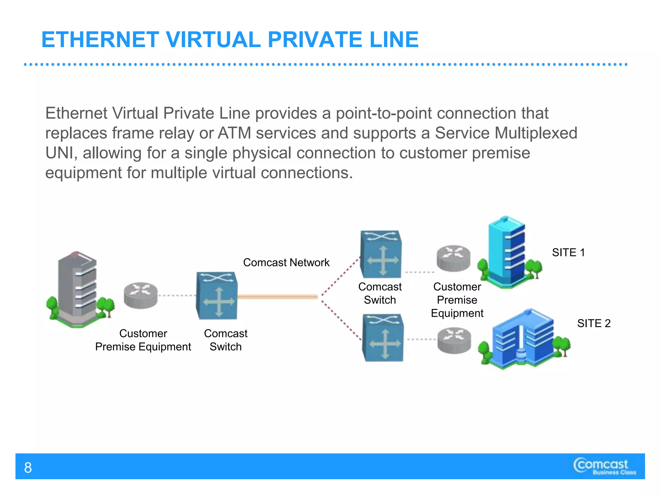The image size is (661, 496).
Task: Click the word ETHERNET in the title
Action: click(100, 40)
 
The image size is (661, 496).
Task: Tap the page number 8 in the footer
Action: click(28, 468)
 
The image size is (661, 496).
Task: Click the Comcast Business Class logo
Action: click(604, 466)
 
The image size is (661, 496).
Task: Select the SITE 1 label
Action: click(568, 253)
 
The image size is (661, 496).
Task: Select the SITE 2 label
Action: click(594, 323)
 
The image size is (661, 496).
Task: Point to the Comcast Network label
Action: click(286, 263)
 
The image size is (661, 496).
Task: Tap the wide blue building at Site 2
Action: click(523, 339)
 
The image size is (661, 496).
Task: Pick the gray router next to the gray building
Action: click(141, 295)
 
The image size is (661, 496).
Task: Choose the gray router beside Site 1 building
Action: click(453, 258)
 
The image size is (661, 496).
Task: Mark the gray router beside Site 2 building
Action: click(454, 340)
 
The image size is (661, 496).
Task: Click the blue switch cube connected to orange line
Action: click(217, 296)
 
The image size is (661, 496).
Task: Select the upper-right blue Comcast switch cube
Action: click(381, 254)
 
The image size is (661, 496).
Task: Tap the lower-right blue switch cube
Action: click(383, 338)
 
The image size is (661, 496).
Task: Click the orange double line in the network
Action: click(278, 297)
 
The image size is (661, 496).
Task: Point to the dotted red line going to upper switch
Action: click(341, 276)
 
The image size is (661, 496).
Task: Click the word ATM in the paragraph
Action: click(234, 133)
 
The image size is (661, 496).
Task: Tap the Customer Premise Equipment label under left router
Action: click(143, 340)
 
